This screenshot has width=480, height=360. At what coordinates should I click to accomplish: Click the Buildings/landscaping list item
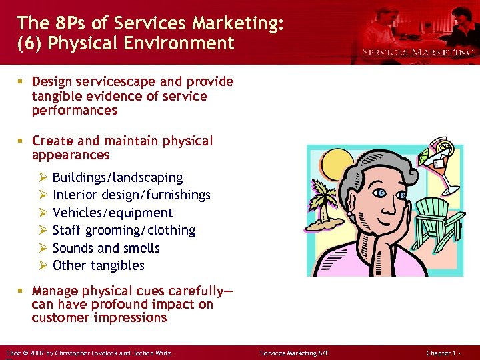(x=117, y=178)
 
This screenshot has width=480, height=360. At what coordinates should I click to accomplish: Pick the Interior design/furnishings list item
(x=131, y=195)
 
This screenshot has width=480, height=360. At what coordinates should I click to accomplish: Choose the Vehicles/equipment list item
(x=112, y=213)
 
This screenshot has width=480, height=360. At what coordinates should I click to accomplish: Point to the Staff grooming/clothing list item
(x=123, y=231)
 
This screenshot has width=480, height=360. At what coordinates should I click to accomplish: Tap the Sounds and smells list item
(x=106, y=248)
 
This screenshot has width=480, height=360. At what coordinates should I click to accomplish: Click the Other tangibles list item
(x=98, y=265)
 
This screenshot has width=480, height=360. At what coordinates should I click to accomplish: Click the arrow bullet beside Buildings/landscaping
(x=43, y=178)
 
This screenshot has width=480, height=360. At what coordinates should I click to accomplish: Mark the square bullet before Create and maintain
(x=21, y=141)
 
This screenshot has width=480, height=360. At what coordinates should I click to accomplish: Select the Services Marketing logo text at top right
(x=418, y=52)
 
